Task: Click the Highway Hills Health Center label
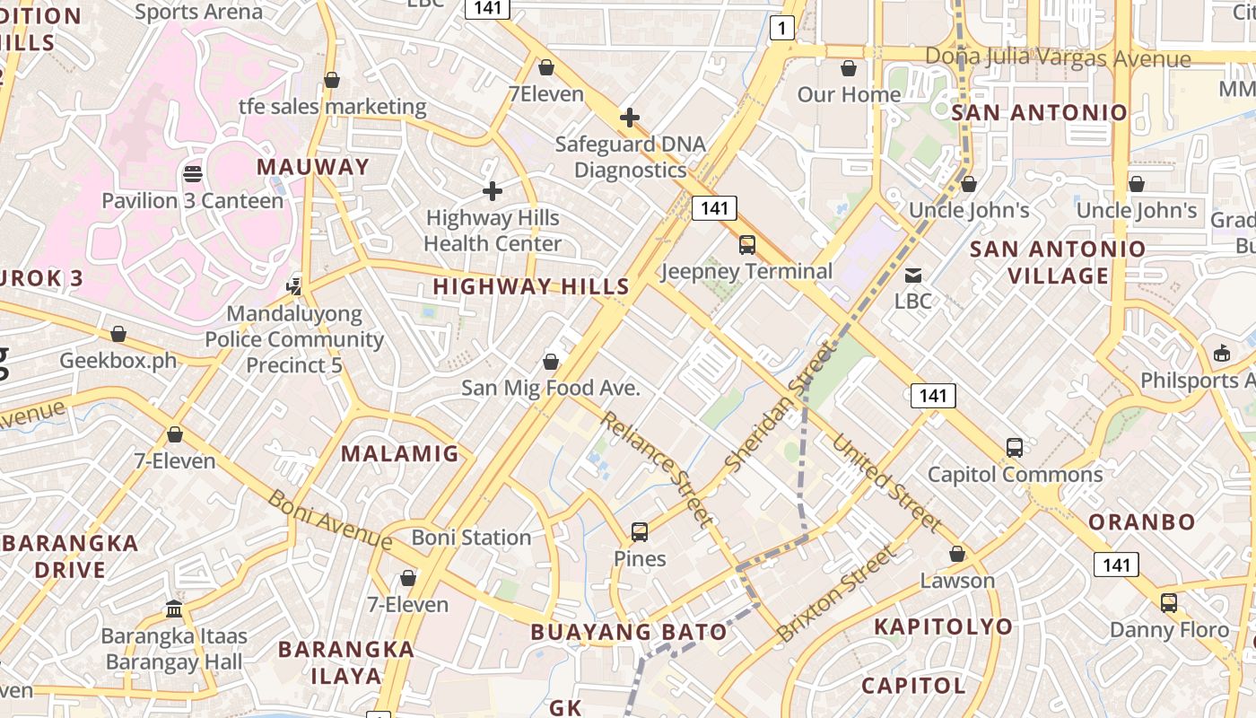493,231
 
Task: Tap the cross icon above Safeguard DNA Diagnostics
630,118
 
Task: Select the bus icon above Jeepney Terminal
746,245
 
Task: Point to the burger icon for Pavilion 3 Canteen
192,173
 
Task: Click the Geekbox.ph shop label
118,361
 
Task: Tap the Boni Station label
471,538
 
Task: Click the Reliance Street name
658,468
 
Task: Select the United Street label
886,484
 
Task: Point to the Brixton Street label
835,593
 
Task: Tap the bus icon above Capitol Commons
1015,447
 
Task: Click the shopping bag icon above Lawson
957,554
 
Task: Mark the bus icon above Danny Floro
1168,603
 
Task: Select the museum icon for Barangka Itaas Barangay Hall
174,609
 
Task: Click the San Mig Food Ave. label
551,388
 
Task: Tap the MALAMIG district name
400,453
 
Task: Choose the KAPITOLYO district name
943,626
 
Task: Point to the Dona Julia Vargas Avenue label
1058,58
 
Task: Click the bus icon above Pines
640,532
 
